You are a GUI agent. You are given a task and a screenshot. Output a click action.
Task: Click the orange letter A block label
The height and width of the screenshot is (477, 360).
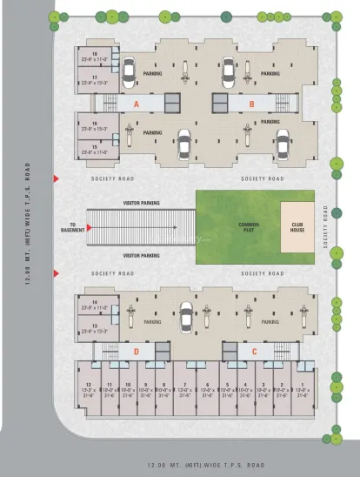[x=136, y=103]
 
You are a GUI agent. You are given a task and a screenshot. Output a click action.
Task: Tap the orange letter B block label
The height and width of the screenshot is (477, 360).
[x=251, y=103]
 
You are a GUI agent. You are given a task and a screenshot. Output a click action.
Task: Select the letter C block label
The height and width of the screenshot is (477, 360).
[x=254, y=351]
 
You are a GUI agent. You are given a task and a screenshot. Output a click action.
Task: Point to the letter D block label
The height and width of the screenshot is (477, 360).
[x=136, y=351]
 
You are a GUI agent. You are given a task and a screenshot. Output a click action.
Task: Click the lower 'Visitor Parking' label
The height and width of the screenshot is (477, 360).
[x=141, y=255]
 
